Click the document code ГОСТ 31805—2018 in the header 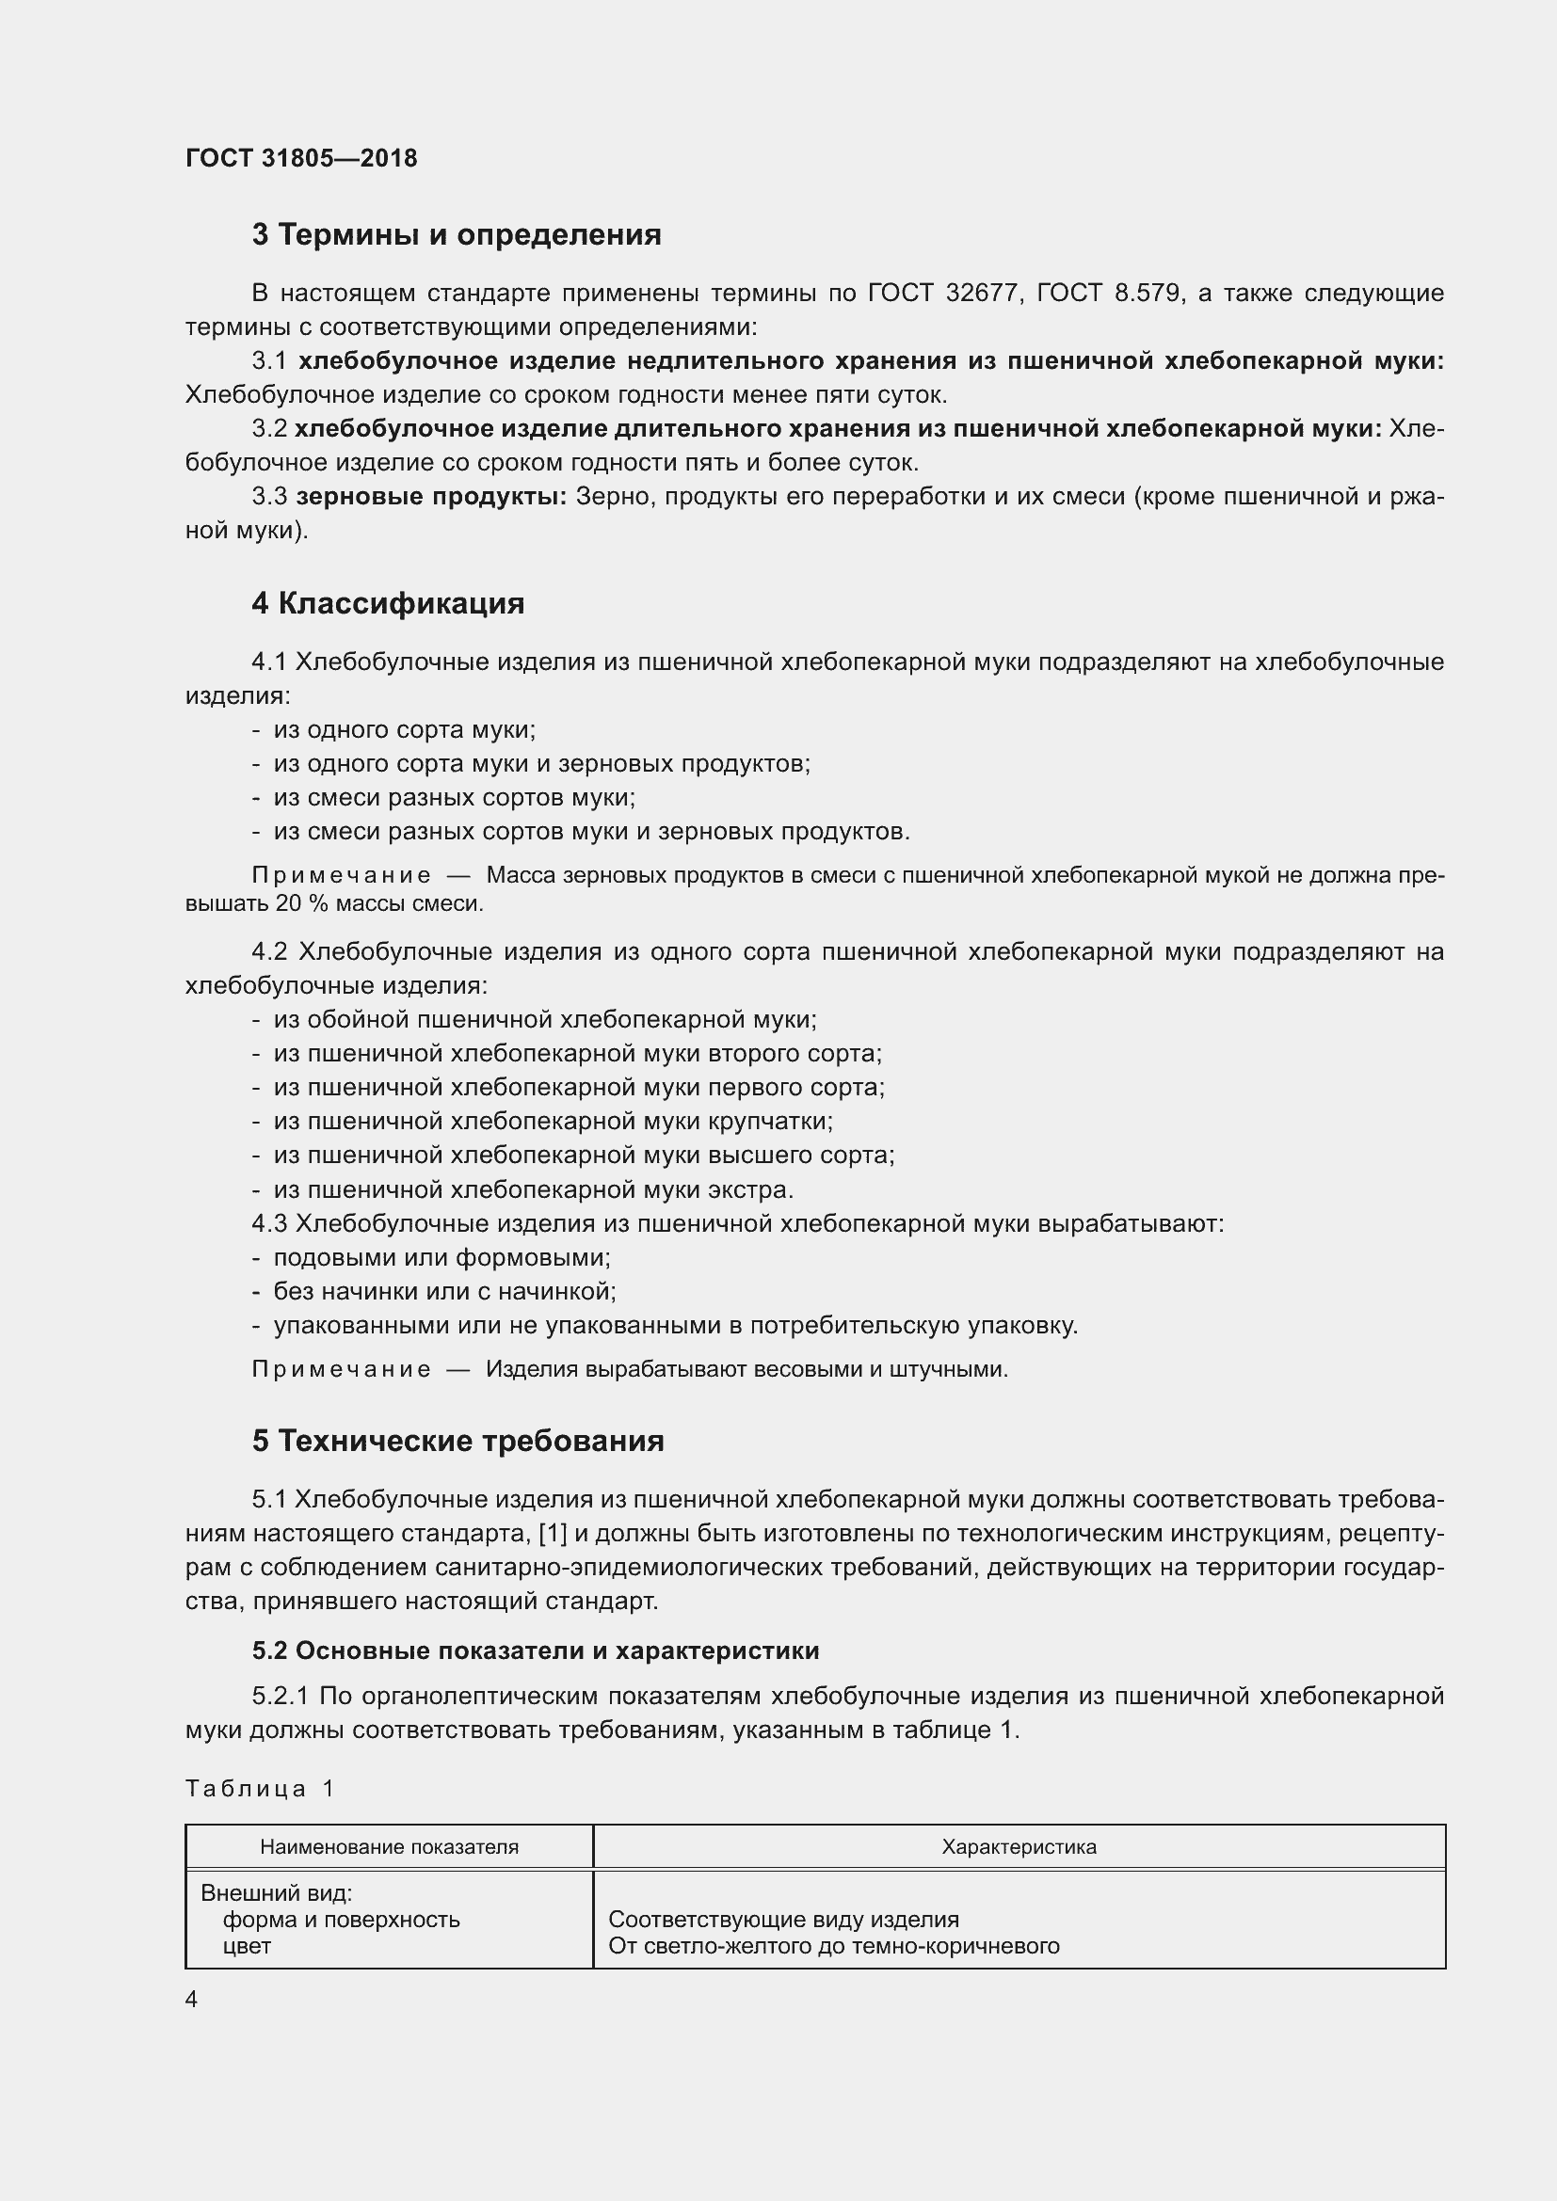pyautogui.click(x=301, y=158)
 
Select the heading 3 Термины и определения pyautogui.click(x=457, y=235)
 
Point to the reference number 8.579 pyautogui.click(x=1148, y=294)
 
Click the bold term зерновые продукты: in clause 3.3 pyautogui.click(x=431, y=497)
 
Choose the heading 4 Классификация pyautogui.click(x=388, y=604)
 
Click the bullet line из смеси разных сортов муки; pyautogui.click(x=455, y=798)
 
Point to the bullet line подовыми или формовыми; pyautogui.click(x=442, y=1258)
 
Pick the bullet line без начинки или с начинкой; pyautogui.click(x=445, y=1291)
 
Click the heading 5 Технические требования pyautogui.click(x=458, y=1442)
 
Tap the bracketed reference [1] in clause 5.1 pyautogui.click(x=554, y=1534)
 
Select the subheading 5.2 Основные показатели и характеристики pyautogui.click(x=536, y=1651)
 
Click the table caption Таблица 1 pyautogui.click(x=260, y=1789)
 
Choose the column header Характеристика pyautogui.click(x=1019, y=1847)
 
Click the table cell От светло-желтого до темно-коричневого pyautogui.click(x=834, y=1946)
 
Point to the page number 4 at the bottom pyautogui.click(x=192, y=2000)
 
